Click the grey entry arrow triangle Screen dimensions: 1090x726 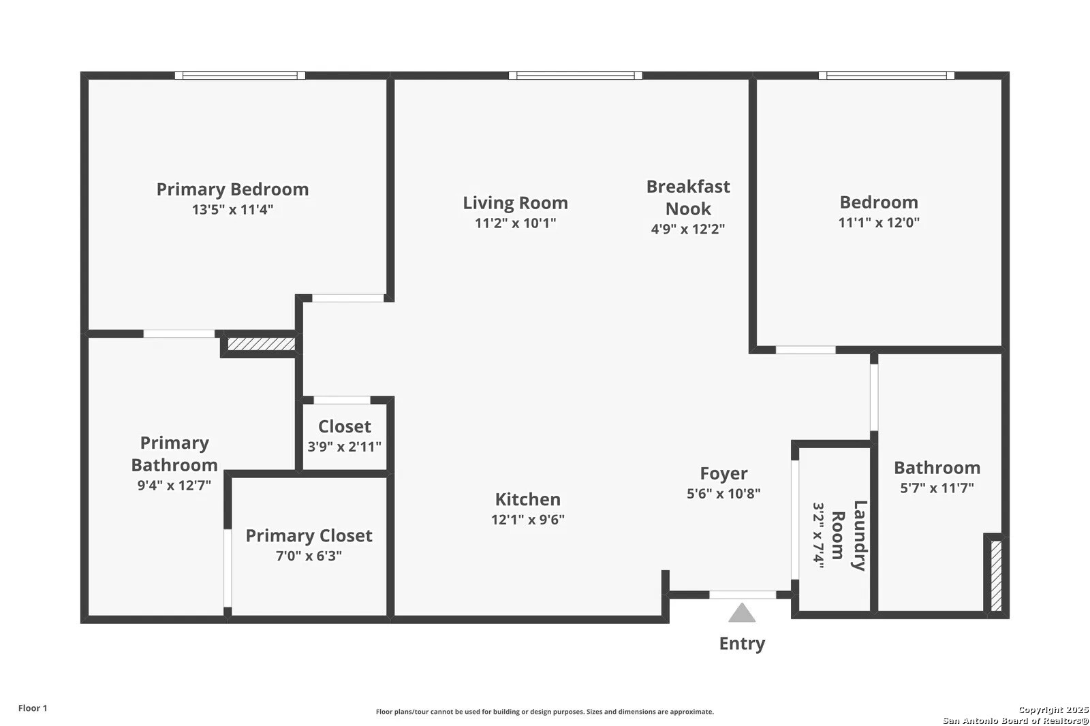tap(742, 613)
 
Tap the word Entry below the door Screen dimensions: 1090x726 tap(742, 644)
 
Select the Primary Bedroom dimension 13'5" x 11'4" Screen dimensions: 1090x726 tap(232, 210)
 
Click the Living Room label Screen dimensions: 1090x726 tap(515, 202)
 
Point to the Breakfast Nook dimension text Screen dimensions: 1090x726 tap(688, 229)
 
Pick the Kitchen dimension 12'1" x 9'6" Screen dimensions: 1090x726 tap(528, 520)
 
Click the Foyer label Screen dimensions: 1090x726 tap(723, 473)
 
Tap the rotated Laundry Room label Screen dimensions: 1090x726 tap(848, 535)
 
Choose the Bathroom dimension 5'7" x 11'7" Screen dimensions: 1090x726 tap(937, 488)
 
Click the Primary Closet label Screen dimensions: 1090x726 tap(309, 535)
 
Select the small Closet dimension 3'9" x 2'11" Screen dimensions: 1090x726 tap(345, 447)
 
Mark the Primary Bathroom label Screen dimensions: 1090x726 tap(174, 454)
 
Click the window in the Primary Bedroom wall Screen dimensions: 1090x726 tap(240, 76)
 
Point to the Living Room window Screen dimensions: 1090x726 tap(575, 76)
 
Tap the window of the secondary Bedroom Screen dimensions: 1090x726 tap(886, 76)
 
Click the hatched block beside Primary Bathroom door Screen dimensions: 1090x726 tap(262, 344)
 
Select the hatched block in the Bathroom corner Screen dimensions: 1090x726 tap(996, 576)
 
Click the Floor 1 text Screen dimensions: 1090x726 tap(33, 708)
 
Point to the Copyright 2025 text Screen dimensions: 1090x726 tap(1053, 710)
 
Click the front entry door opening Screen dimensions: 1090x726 tap(743, 595)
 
